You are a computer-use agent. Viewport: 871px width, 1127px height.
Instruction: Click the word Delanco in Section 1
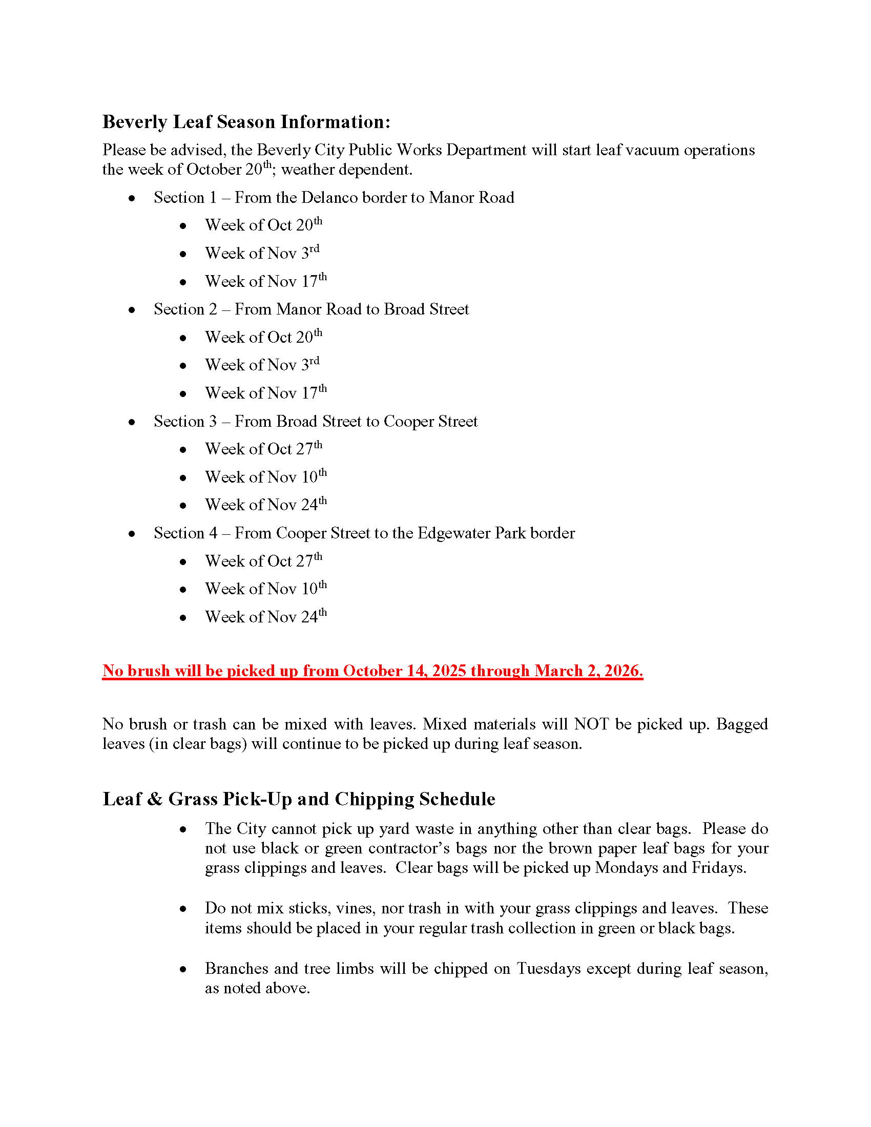(329, 198)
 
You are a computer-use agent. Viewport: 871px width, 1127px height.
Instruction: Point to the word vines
(354, 908)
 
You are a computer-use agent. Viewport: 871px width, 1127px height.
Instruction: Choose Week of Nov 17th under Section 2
(266, 393)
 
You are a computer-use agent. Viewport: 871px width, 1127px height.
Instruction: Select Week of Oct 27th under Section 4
(264, 561)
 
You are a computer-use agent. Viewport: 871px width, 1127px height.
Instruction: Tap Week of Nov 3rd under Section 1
(262, 254)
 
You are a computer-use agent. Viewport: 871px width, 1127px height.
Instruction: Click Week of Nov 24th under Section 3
(266, 505)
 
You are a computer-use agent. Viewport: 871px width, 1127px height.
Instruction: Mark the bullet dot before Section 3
(132, 422)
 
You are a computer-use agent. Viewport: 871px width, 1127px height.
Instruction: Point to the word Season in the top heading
(245, 122)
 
